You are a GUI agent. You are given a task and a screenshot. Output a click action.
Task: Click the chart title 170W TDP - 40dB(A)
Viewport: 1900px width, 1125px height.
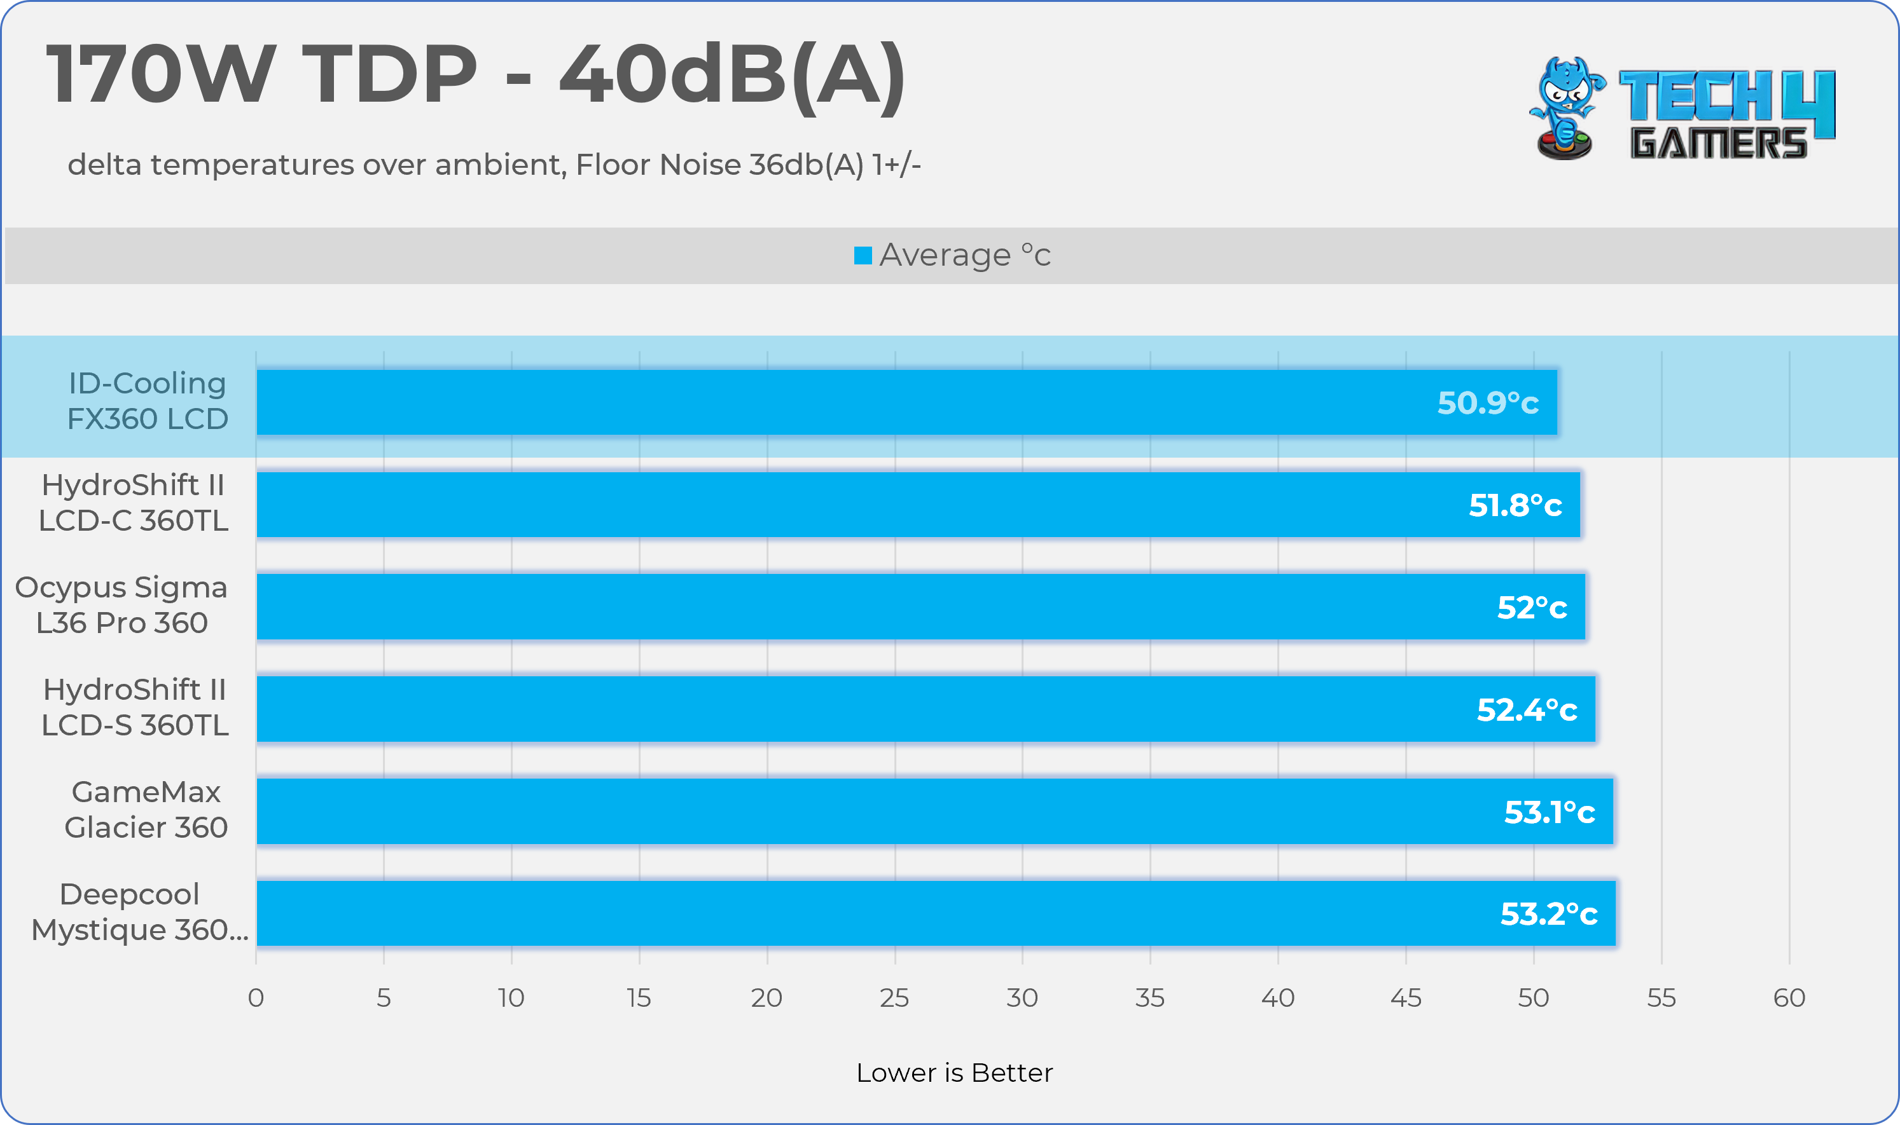point(476,74)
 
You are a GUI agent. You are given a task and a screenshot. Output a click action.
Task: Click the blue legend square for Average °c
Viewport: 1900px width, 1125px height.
point(863,256)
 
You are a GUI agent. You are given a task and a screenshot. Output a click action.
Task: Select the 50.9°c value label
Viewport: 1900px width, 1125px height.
point(1487,402)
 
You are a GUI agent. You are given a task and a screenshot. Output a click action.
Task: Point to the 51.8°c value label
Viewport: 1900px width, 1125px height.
point(1515,505)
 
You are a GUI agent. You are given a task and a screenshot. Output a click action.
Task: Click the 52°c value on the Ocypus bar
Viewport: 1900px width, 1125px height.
point(1531,607)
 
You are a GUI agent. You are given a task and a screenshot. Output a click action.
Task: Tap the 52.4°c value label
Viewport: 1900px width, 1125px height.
point(1526,709)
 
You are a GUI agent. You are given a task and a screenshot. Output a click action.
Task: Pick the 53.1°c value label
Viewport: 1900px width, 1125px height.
point(1549,812)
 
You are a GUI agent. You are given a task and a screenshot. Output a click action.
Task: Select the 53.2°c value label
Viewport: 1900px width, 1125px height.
point(1548,913)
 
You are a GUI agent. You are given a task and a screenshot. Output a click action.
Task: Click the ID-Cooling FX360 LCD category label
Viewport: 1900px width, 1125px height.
point(147,401)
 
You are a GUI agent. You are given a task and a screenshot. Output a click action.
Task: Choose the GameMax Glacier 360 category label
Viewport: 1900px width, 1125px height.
point(146,810)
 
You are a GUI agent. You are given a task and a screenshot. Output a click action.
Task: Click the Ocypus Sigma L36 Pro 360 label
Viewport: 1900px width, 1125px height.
point(121,605)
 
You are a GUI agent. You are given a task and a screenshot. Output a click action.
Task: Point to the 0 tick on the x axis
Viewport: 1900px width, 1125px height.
point(256,998)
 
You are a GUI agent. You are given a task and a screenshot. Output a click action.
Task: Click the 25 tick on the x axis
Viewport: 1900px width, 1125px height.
point(894,998)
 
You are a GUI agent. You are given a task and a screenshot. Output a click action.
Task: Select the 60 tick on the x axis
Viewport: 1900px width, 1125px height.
point(1789,998)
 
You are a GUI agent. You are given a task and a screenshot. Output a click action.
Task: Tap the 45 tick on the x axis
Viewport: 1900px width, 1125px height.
point(1406,998)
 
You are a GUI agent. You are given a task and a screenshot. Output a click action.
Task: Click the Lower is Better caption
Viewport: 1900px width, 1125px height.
point(954,1073)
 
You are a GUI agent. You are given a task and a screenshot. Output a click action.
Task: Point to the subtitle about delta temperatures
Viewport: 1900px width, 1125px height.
point(494,165)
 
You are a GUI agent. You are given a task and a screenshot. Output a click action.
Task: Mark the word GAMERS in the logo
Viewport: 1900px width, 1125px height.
point(1718,143)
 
